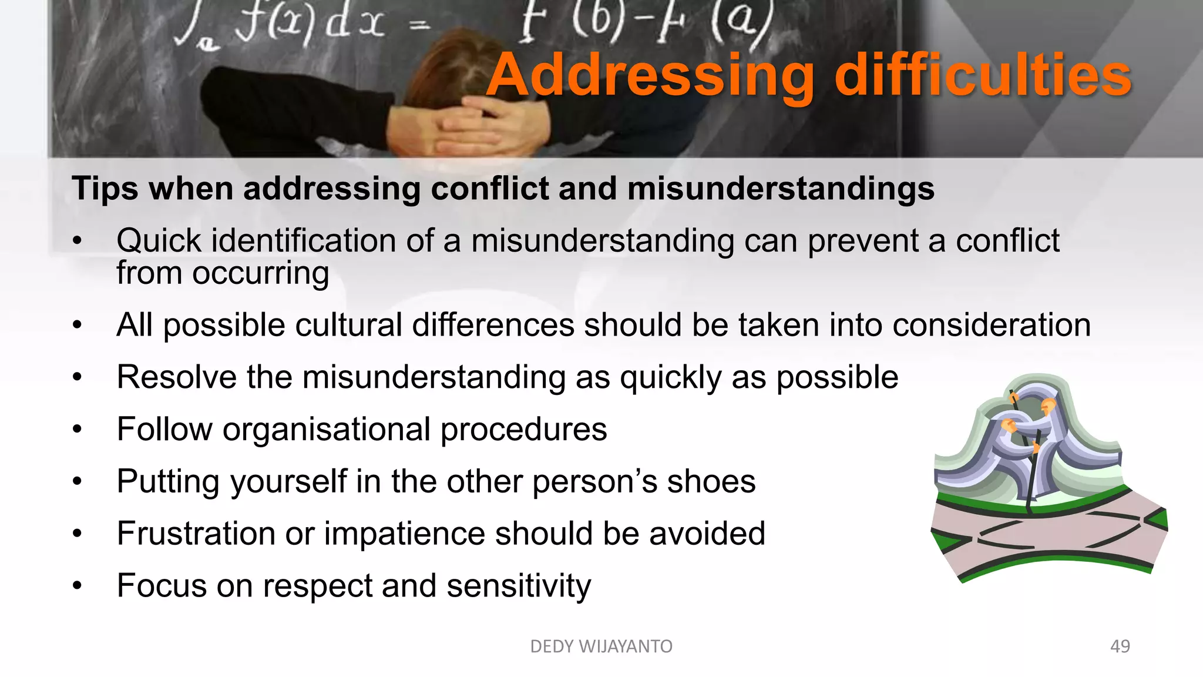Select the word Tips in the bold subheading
tap(105, 189)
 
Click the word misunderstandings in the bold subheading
tap(781, 189)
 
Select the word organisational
tap(327, 430)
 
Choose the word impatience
tap(404, 534)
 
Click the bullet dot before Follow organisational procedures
tap(78, 430)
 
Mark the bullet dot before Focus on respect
tap(78, 586)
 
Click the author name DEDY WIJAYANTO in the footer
tap(601, 646)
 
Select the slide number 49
tap(1120, 646)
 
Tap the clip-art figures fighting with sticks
tap(1028, 435)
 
